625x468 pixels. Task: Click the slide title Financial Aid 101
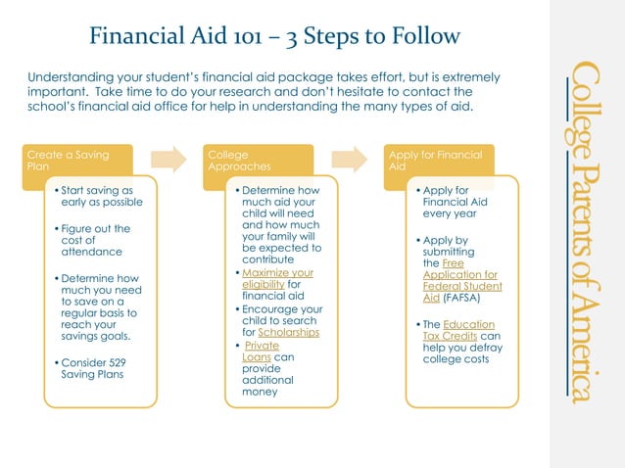274,37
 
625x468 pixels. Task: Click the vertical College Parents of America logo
585,231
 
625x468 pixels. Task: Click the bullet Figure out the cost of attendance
95,240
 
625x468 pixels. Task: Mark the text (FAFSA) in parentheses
462,298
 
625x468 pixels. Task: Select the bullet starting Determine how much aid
280,222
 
